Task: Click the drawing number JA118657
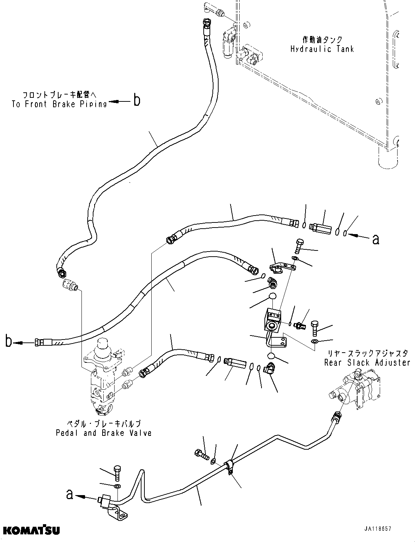pyautogui.click(x=378, y=529)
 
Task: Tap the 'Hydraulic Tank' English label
pyautogui.click(x=322, y=49)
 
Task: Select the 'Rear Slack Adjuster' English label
pyautogui.click(x=367, y=362)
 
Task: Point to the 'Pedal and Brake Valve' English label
pyautogui.click(x=104, y=433)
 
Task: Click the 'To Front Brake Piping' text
pyautogui.click(x=59, y=104)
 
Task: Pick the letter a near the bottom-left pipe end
pyautogui.click(x=69, y=494)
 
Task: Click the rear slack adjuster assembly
pyautogui.click(x=358, y=389)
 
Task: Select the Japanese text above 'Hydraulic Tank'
pyautogui.click(x=322, y=39)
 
